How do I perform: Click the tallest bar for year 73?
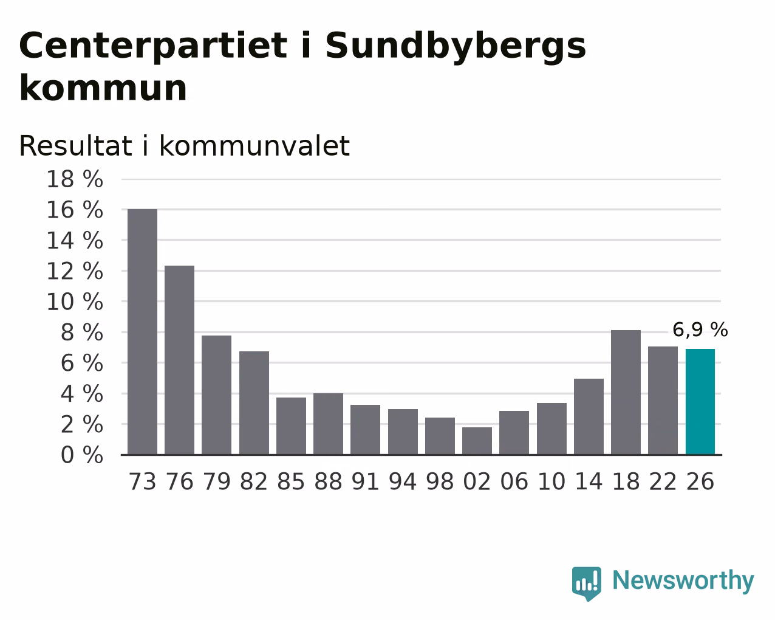[x=142, y=332]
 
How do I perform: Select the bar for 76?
[x=179, y=360]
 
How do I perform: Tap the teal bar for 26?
[x=700, y=402]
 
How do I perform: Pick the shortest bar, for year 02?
[x=477, y=441]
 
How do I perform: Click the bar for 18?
[x=626, y=393]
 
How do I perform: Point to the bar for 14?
[x=589, y=417]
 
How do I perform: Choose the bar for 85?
[x=291, y=427]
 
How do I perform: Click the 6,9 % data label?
[x=700, y=330]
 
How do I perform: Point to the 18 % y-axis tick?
[x=75, y=179]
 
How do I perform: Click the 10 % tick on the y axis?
[x=75, y=301]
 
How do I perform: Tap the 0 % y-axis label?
[x=82, y=455]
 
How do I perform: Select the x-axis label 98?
[x=440, y=481]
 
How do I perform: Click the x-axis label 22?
[x=663, y=481]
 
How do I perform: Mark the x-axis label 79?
[x=217, y=481]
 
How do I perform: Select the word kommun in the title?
[x=103, y=88]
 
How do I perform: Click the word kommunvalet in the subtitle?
[x=254, y=146]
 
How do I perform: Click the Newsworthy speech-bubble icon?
[x=587, y=584]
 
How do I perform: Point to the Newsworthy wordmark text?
[x=683, y=581]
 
